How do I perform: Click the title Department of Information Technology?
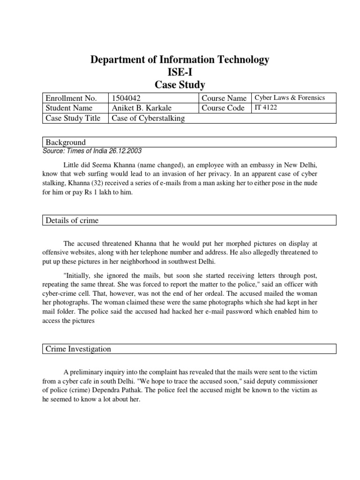click(180, 60)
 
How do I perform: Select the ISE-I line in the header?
click(180, 72)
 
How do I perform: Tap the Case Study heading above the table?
click(180, 84)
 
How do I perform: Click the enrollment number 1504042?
click(126, 98)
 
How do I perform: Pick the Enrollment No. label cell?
click(70, 98)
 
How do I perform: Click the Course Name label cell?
click(224, 98)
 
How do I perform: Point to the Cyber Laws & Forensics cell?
click(289, 97)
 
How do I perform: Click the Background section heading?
click(65, 142)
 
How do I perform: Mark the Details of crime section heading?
click(72, 220)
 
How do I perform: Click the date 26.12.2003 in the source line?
click(124, 151)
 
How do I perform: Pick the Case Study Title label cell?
click(73, 118)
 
